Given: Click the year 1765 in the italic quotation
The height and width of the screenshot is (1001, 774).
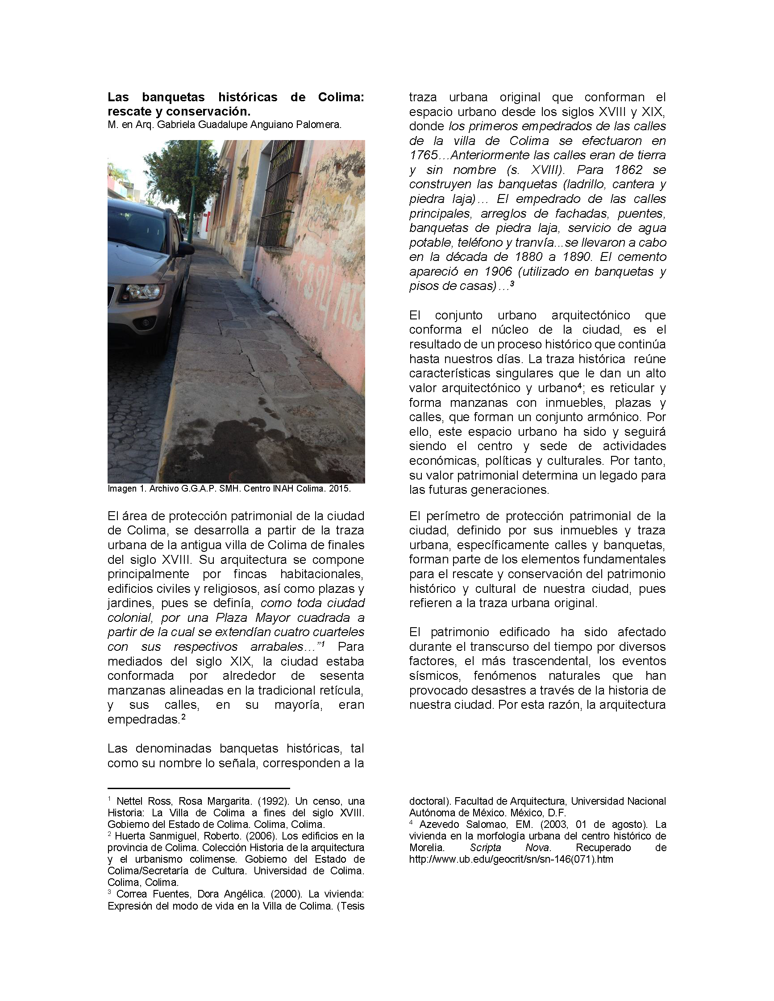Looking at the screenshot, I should click(x=424, y=155).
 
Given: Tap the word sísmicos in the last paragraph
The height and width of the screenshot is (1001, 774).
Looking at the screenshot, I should click(x=435, y=675).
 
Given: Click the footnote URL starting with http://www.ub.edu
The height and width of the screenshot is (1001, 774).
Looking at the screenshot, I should click(x=511, y=860).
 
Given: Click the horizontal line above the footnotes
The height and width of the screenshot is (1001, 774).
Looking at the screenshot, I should click(x=199, y=788).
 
